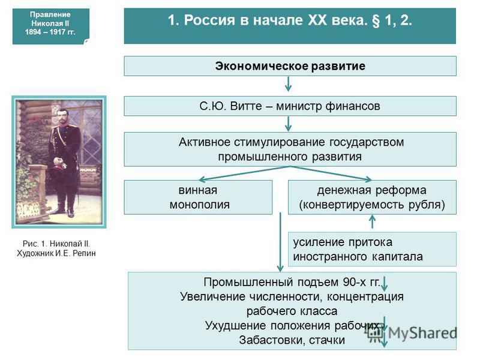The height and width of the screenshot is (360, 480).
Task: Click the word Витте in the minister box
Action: point(246,106)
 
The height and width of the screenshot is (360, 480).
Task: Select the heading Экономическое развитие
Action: point(290,66)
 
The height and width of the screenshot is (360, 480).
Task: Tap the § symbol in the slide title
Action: point(376,21)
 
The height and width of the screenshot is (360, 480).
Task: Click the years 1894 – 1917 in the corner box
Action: point(50,32)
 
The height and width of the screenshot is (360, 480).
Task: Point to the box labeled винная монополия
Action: point(198,197)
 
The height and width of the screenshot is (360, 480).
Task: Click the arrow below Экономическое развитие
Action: point(288,84)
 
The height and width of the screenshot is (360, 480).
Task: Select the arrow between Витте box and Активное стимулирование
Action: point(288,124)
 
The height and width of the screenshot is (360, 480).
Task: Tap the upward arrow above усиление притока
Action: point(372,221)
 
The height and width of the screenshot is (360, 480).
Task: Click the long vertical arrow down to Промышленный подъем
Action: point(280,242)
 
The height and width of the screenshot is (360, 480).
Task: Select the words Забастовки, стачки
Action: point(292,340)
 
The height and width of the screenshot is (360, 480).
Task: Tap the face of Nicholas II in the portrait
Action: point(63,117)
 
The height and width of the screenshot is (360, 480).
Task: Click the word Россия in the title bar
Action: point(209,20)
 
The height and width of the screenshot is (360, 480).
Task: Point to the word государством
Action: point(367,142)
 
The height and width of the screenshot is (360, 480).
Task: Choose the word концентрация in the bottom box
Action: point(365,296)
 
